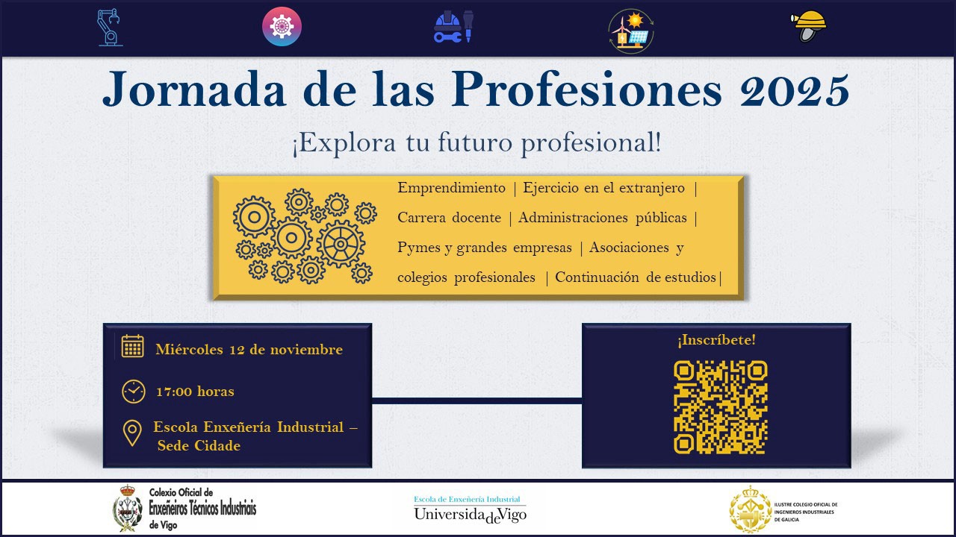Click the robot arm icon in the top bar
click(x=110, y=28)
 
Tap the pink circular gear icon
click(x=282, y=27)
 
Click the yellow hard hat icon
click(x=809, y=27)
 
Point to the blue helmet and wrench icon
click(x=453, y=28)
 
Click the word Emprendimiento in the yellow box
click(x=451, y=188)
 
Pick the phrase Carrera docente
click(x=449, y=218)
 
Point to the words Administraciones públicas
click(x=602, y=218)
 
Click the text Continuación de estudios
click(x=635, y=277)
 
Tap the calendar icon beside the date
click(x=133, y=347)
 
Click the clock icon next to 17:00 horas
click(x=134, y=391)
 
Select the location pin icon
click(x=132, y=433)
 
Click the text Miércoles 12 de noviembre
click(x=249, y=350)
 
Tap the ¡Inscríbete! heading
click(x=716, y=340)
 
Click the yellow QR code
click(x=720, y=407)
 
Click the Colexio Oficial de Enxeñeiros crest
click(x=128, y=509)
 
